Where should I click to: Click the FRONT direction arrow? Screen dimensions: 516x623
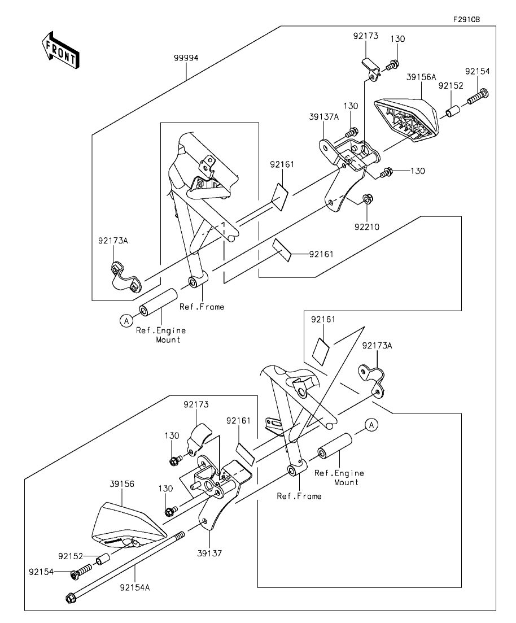click(x=60, y=49)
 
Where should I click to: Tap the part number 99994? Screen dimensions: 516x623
click(x=186, y=58)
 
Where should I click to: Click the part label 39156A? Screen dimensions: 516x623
click(x=421, y=77)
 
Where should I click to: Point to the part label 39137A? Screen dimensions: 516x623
click(x=323, y=117)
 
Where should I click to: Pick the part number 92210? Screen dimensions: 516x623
click(x=367, y=227)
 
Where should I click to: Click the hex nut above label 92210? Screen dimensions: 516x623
click(x=366, y=199)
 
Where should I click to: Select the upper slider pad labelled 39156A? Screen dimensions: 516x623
click(x=406, y=119)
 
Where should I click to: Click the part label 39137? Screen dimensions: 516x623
click(x=209, y=553)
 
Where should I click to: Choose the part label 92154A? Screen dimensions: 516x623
click(x=135, y=587)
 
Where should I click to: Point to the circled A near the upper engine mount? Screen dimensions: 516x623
click(x=126, y=320)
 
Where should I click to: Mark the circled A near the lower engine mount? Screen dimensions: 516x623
click(x=371, y=425)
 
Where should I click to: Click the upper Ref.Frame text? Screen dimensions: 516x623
click(x=202, y=307)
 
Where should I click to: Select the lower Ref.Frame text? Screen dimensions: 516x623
click(x=299, y=496)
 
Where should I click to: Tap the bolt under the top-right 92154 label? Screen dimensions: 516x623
click(x=478, y=97)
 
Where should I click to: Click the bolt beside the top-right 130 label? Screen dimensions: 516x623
click(x=391, y=65)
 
